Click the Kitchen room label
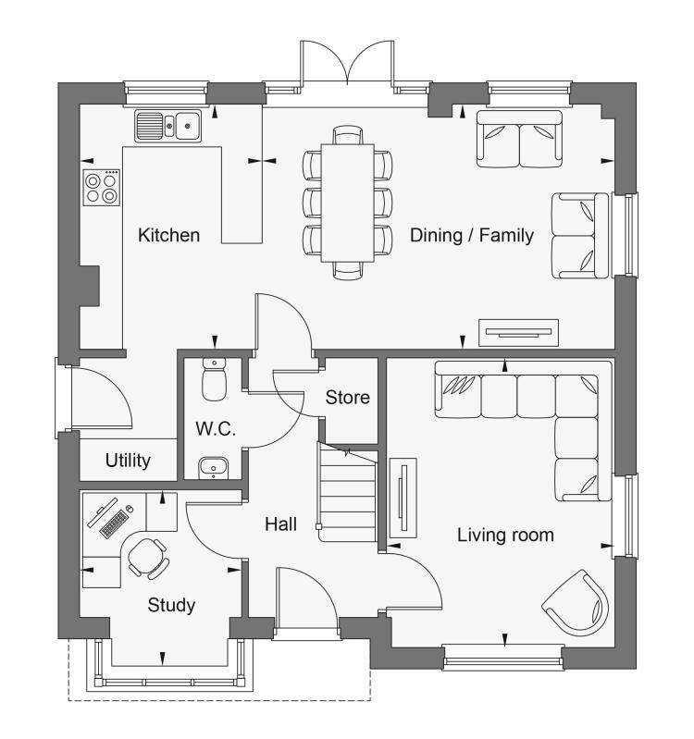(168, 235)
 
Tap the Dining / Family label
(472, 235)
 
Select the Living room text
(505, 535)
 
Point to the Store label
(348, 398)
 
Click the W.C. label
(216, 428)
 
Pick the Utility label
(128, 460)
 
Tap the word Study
(171, 605)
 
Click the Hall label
(280, 524)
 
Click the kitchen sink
(167, 126)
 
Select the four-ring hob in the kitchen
(102, 188)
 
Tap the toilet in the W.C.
(214, 379)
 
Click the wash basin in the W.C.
(214, 467)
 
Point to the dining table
(348, 203)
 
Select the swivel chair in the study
(148, 559)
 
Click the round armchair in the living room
(576, 602)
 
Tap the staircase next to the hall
(348, 492)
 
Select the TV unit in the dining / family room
(518, 333)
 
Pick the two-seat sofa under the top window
(519, 139)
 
